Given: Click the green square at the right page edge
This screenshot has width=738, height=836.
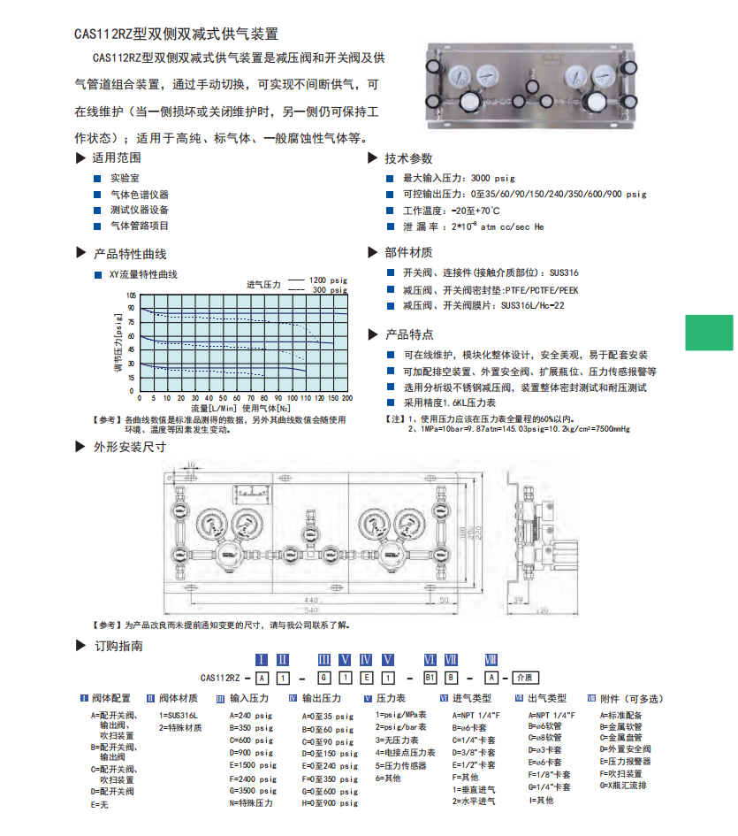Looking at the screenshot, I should tap(709, 334).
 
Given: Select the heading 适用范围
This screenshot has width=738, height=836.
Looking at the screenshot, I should tap(117, 158).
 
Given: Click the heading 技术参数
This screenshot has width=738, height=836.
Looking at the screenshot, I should tap(408, 158).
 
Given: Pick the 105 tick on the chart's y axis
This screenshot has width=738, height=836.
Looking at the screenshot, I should tap(132, 295).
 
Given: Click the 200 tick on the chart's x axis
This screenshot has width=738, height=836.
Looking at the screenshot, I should tap(347, 398).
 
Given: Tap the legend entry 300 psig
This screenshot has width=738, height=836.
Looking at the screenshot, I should tap(330, 289).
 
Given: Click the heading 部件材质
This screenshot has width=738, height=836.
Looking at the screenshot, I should tap(408, 252).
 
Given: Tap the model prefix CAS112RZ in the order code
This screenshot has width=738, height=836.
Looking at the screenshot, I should tap(221, 678).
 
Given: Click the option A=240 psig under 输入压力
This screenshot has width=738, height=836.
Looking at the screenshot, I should tap(251, 716).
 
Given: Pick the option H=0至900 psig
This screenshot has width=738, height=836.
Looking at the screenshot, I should tap(330, 802).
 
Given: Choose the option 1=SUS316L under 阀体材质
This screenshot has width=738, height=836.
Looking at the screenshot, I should tap(179, 716).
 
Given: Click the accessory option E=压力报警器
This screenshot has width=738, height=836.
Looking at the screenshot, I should tap(625, 761).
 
